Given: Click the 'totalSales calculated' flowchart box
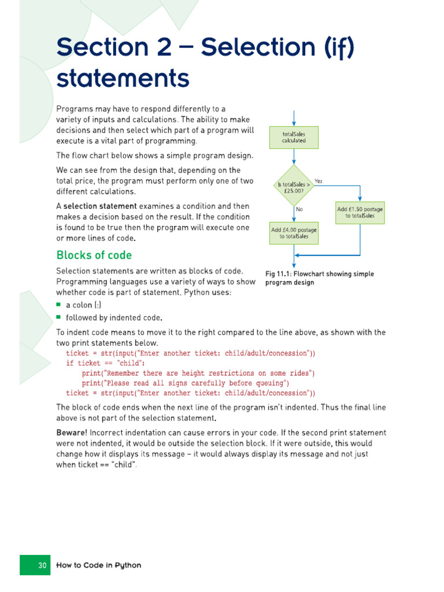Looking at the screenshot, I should pyautogui.click(x=294, y=137).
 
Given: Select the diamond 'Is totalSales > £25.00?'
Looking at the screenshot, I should pyautogui.click(x=294, y=186).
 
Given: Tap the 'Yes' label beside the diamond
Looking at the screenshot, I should pyautogui.click(x=318, y=181).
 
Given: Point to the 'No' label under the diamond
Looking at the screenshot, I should pyautogui.click(x=299, y=209).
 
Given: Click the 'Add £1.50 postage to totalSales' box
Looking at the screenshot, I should pyautogui.click(x=360, y=212).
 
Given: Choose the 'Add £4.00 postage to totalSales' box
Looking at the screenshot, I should pyautogui.click(x=294, y=232).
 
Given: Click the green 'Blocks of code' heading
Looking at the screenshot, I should pyautogui.click(x=94, y=255).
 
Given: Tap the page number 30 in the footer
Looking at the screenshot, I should pyautogui.click(x=42, y=565).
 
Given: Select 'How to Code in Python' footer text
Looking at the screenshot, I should pyautogui.click(x=98, y=565).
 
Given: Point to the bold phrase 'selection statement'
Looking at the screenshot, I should pyautogui.click(x=100, y=206).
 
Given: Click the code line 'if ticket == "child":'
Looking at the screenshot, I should pyautogui.click(x=105, y=363).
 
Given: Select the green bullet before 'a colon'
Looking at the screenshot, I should pyautogui.click(x=58, y=304).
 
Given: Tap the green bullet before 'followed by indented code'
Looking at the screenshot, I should pyautogui.click(x=58, y=317).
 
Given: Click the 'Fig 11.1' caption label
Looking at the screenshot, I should pyautogui.click(x=279, y=274).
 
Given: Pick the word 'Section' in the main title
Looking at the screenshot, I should pyautogui.click(x=99, y=47).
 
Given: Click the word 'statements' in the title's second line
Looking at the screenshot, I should pyautogui.click(x=123, y=78).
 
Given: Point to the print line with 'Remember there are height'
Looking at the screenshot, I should pyautogui.click(x=198, y=373).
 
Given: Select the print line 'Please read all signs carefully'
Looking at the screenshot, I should pyautogui.click(x=185, y=383).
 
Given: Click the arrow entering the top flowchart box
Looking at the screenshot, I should pyautogui.click(x=294, y=118).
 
